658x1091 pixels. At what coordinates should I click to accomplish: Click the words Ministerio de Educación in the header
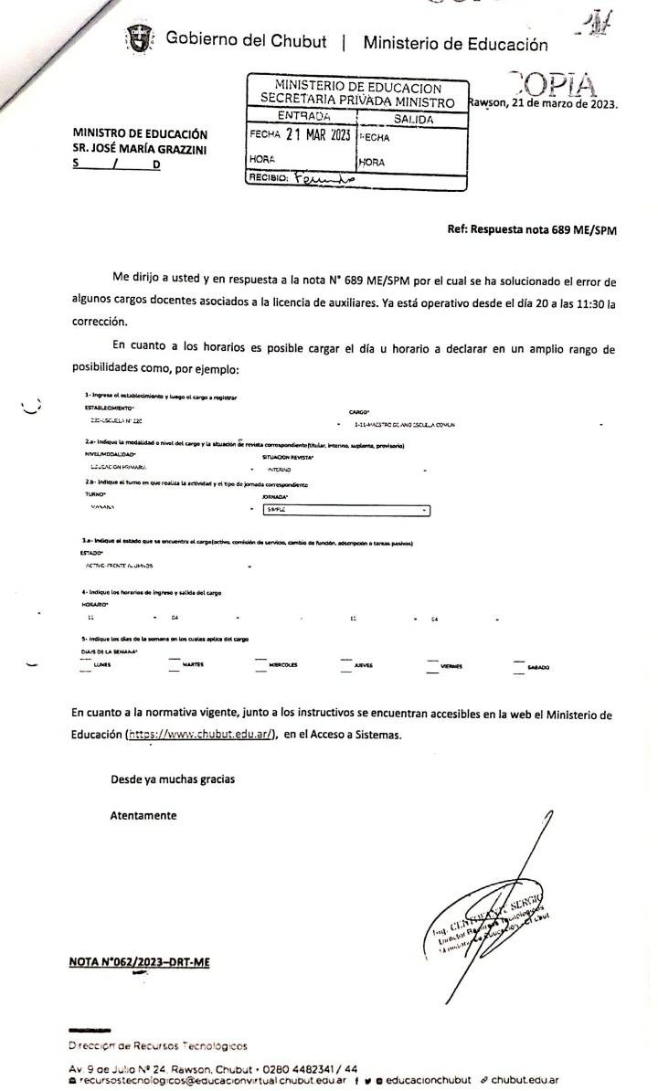(455, 43)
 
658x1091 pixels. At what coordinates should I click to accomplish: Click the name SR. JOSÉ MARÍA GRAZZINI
(142, 148)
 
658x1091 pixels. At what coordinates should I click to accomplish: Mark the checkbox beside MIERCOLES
(260, 661)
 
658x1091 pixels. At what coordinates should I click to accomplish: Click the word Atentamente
(143, 815)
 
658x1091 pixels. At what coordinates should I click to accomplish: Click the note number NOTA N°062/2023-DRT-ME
(140, 961)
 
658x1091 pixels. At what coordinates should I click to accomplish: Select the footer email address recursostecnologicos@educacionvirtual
(183, 1079)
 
